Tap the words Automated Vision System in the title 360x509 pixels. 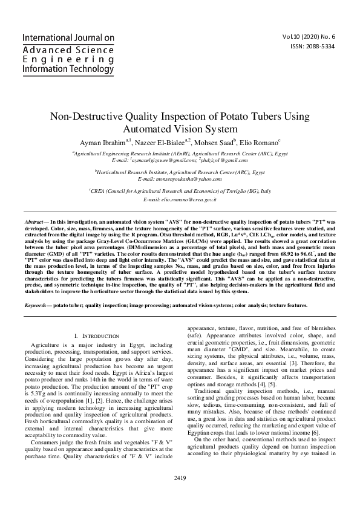click(x=180, y=129)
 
